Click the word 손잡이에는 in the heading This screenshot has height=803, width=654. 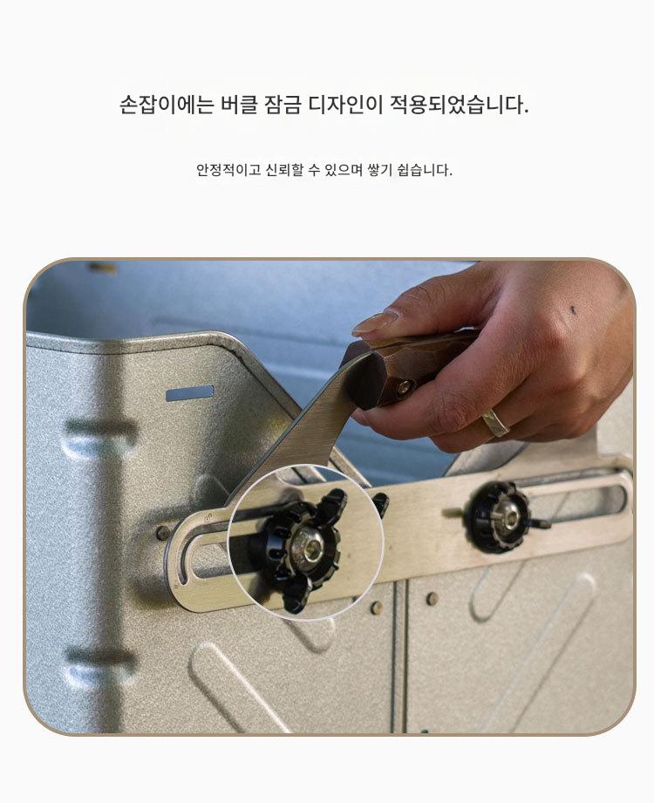(x=167, y=105)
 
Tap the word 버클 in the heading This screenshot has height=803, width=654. (x=239, y=105)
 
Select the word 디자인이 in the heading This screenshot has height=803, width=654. (x=345, y=105)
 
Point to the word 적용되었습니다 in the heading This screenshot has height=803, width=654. (x=460, y=105)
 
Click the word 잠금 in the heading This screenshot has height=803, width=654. (x=283, y=105)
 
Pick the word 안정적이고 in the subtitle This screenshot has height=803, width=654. (x=228, y=169)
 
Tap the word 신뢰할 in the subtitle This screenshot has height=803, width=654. (x=284, y=169)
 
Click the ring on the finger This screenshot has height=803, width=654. (x=496, y=422)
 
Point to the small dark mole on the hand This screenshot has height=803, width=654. (x=572, y=310)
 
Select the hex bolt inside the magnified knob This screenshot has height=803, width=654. (x=307, y=544)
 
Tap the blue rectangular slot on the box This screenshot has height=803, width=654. (x=189, y=393)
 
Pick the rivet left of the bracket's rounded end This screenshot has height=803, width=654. (x=162, y=532)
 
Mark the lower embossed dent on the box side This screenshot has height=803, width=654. (x=100, y=667)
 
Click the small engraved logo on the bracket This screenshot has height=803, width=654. (x=208, y=518)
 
